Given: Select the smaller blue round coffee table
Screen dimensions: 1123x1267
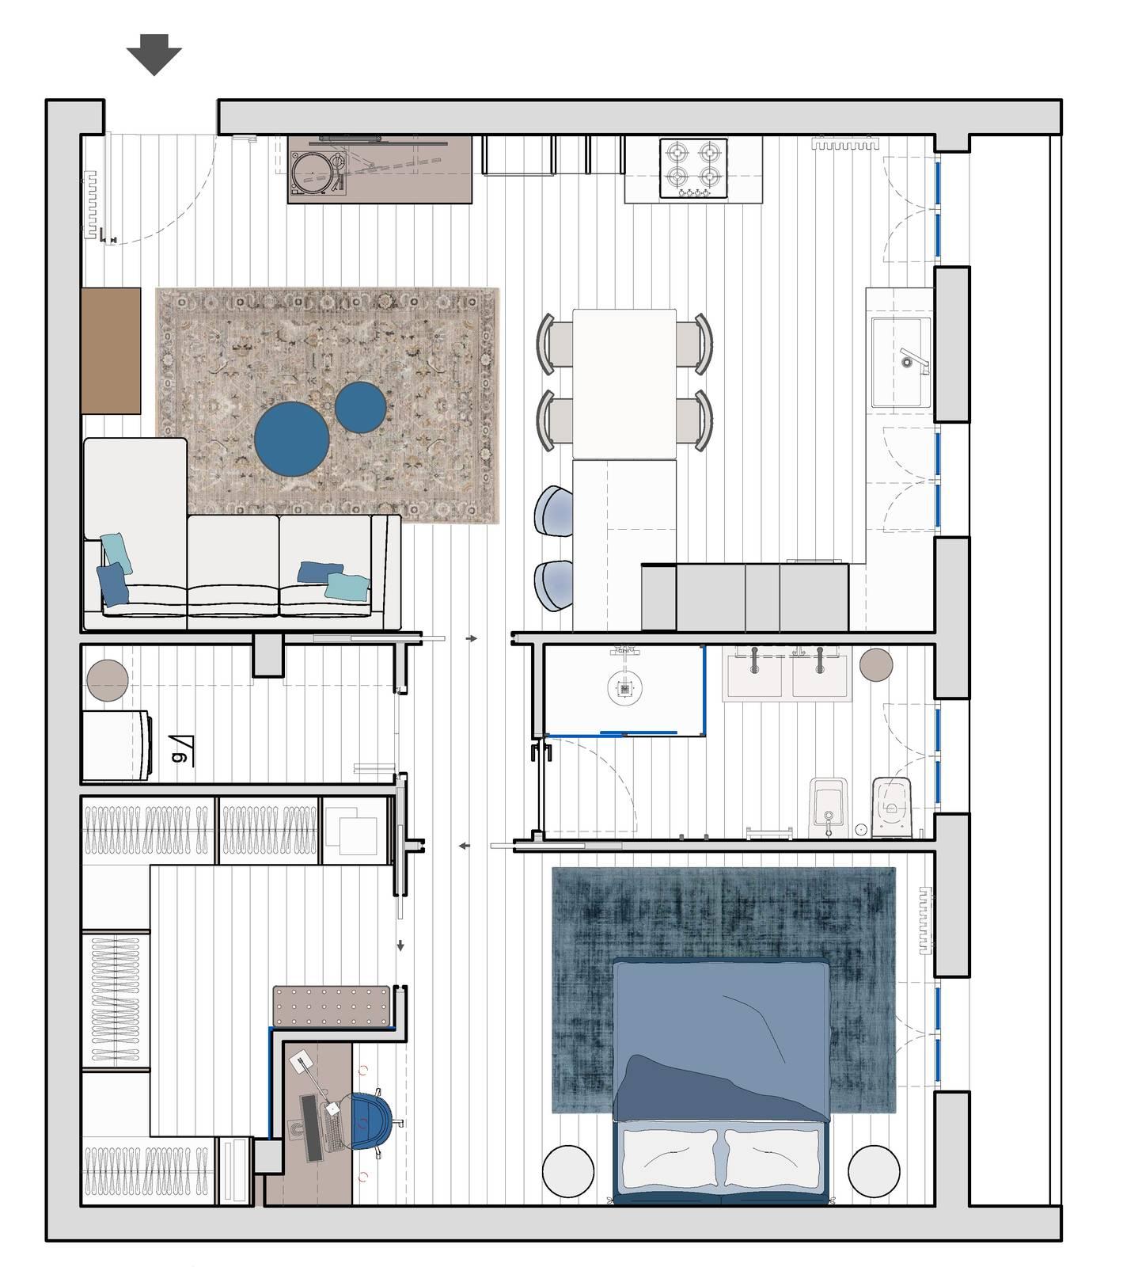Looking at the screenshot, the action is coord(360,407).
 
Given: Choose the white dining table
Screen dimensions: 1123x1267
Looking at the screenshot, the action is coord(624,383).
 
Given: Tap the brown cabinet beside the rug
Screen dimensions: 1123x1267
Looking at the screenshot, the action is coord(111,350).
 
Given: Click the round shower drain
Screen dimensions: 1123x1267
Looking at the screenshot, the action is coord(624,688).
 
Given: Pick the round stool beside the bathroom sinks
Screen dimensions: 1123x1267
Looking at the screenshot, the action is coord(876,664).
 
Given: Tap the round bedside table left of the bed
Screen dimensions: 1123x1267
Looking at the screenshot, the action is coord(567,1170).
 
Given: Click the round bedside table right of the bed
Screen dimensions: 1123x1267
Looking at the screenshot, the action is coord(874,1170).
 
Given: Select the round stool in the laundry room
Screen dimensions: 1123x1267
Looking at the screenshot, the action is coord(108,680).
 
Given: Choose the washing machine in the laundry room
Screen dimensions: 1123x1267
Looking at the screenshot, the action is coord(117,744).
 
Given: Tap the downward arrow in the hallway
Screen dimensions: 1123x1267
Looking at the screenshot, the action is coord(401,945).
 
